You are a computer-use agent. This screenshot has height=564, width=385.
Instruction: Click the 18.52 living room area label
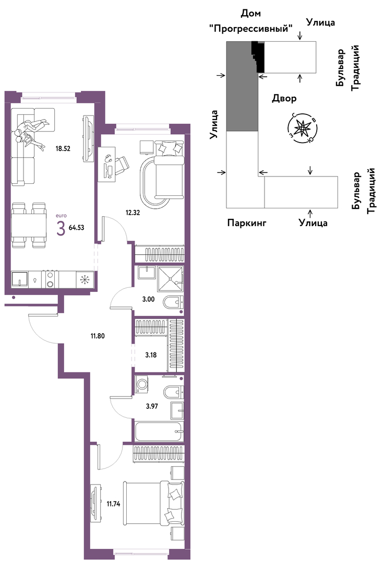63,148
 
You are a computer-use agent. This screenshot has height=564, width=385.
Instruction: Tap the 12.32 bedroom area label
133,212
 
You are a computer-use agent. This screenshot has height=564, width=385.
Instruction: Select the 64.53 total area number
76,227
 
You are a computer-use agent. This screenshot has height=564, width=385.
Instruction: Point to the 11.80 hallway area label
98,336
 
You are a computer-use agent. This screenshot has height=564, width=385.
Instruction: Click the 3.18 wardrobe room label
151,355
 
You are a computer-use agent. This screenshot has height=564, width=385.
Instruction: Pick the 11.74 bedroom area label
113,504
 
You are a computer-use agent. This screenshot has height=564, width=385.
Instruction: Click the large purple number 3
61,228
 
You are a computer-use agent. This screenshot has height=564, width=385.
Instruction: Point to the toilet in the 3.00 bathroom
173,302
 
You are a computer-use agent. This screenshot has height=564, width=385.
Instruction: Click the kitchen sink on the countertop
19,279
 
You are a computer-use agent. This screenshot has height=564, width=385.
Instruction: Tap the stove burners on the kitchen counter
50,279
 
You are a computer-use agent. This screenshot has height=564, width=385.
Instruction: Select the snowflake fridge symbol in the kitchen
85,279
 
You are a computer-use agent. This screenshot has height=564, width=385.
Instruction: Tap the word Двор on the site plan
284,98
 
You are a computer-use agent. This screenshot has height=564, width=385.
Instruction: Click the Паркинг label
247,223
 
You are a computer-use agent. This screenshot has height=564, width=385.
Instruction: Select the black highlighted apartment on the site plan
258,56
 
